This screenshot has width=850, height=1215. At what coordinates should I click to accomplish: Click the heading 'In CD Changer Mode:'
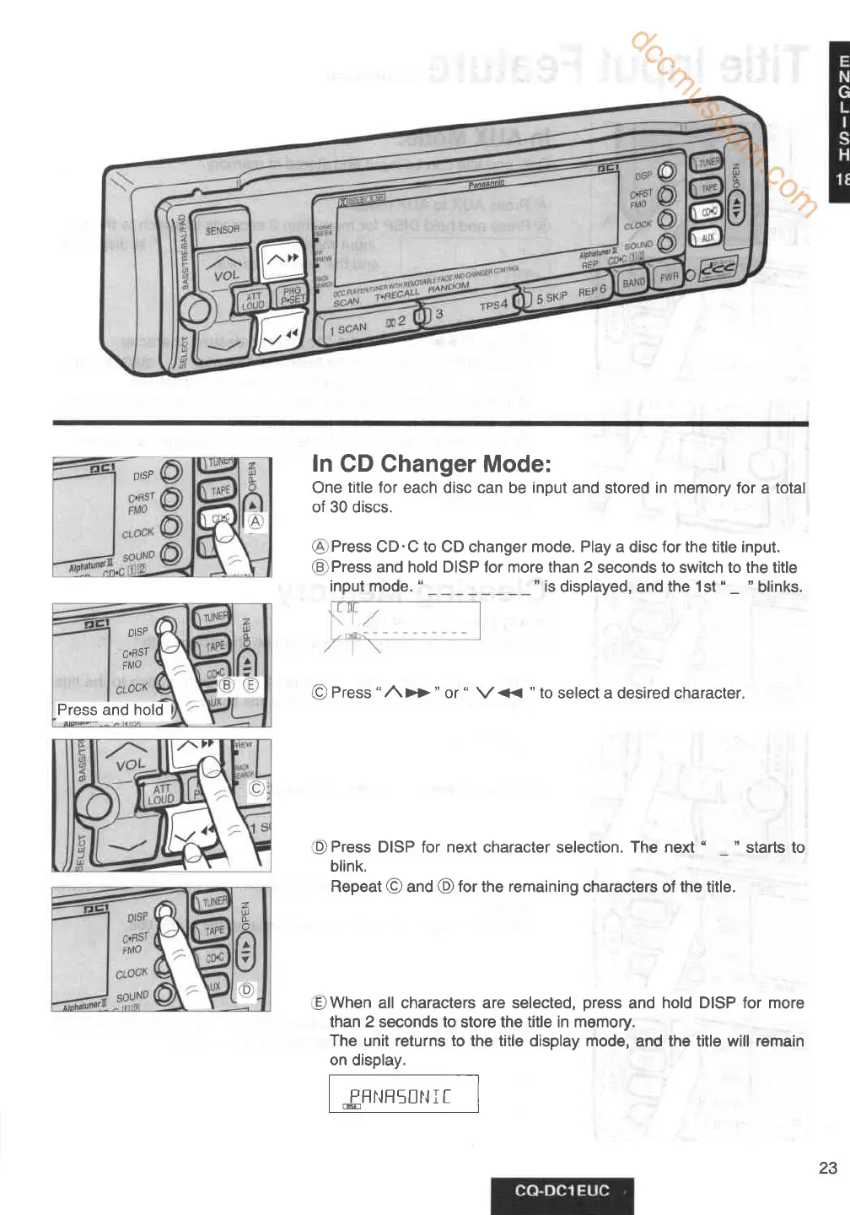pos(431,464)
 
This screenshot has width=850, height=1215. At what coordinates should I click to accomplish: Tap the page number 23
pos(828,1168)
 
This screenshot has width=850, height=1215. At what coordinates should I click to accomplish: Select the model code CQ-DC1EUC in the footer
pos(562,1191)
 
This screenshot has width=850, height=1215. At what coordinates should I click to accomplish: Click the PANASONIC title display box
pos(403,1094)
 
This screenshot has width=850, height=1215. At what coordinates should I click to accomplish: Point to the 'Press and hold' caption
pos(110,710)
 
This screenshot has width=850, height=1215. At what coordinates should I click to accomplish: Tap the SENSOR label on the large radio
pos(223,229)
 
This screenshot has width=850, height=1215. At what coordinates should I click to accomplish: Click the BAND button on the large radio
pos(633,283)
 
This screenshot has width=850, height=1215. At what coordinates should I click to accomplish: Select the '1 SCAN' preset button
pos(348,328)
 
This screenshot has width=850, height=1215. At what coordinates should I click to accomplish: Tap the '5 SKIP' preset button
pos(551,298)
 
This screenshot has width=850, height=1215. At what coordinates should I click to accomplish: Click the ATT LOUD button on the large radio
pos(254,300)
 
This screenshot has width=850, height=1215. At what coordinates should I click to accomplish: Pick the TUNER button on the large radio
pos(708,162)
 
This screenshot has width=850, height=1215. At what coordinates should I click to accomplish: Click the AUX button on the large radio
pos(707,238)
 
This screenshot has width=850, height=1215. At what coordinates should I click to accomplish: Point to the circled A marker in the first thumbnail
pos(255,521)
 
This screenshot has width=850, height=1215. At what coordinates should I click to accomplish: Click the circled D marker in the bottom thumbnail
pos(246,990)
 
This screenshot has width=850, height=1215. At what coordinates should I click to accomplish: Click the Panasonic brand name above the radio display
pos(486,183)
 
